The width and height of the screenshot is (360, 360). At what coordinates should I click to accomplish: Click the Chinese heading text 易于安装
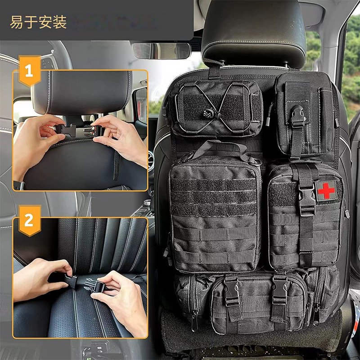click(x=38, y=22)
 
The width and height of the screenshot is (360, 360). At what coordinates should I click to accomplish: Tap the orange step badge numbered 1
click(x=29, y=71)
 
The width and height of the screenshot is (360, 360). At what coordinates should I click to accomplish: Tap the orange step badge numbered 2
click(x=29, y=220)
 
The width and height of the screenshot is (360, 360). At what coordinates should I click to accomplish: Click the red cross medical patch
click(x=326, y=190)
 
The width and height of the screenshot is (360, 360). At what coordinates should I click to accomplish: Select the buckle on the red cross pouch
click(x=307, y=198)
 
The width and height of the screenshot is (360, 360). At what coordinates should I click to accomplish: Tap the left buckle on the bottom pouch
click(x=232, y=290)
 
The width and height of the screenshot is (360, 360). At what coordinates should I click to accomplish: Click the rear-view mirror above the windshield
click(x=162, y=51)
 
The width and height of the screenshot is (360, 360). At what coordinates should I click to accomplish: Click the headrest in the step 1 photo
click(x=81, y=92)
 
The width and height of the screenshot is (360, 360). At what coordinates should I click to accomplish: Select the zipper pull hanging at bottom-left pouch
click(x=194, y=320)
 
